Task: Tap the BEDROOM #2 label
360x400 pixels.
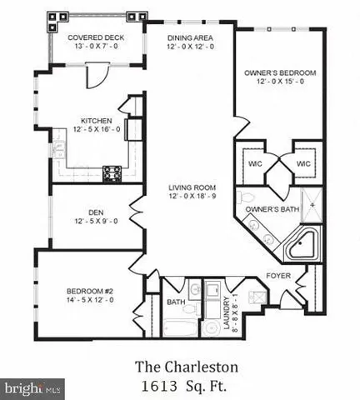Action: (x=90, y=291)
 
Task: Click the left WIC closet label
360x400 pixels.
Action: (x=255, y=163)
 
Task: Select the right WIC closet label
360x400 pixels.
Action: (x=304, y=163)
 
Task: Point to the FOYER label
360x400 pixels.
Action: (x=278, y=275)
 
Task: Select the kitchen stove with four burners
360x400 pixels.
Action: (x=112, y=173)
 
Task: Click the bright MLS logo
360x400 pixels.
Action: (x=33, y=388)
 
